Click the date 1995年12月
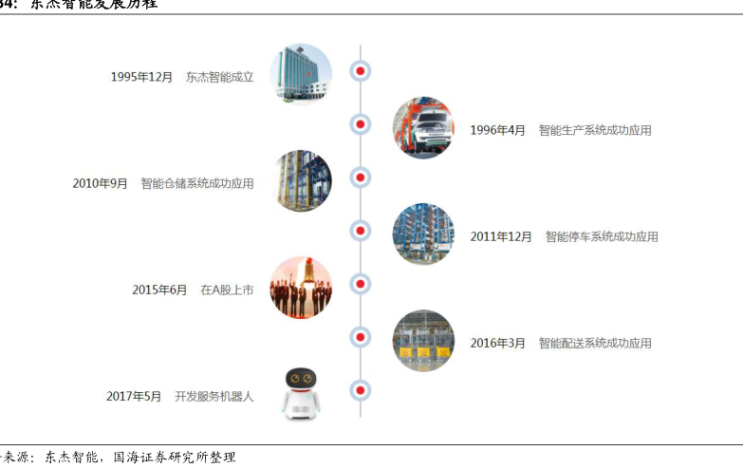141,77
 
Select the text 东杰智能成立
220,77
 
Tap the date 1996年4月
497,130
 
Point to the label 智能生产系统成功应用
595,130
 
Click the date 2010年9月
100,183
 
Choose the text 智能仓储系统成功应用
197,183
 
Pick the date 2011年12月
501,236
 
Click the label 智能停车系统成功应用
602,236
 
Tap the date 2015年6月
159,290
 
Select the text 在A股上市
227,290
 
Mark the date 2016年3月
497,343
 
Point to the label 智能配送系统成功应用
595,343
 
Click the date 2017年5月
134,396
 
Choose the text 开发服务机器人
214,396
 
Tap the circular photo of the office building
301,74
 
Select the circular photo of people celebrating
301,287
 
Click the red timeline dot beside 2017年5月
360,390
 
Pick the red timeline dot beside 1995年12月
360,71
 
